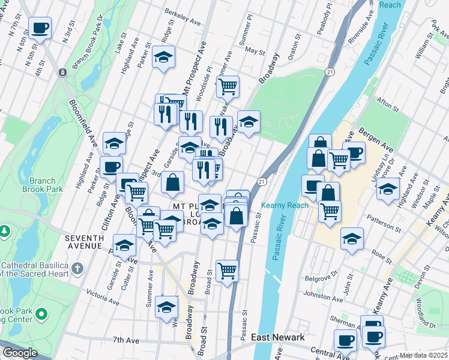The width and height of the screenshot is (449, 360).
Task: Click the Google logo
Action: click(x=19, y=353)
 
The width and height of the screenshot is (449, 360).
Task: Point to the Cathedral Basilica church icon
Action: click(x=77, y=268)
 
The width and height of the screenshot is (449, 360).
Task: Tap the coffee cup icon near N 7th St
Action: click(x=40, y=28)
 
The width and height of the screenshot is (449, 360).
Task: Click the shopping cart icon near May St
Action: click(x=228, y=86)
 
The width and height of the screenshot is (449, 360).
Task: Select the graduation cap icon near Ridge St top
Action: click(x=163, y=57)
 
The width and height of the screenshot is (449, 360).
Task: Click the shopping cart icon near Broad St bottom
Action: click(x=228, y=271)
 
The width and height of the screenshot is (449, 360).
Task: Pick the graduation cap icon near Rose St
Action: click(x=352, y=238)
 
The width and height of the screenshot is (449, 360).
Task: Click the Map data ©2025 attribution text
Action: click(x=424, y=355)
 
